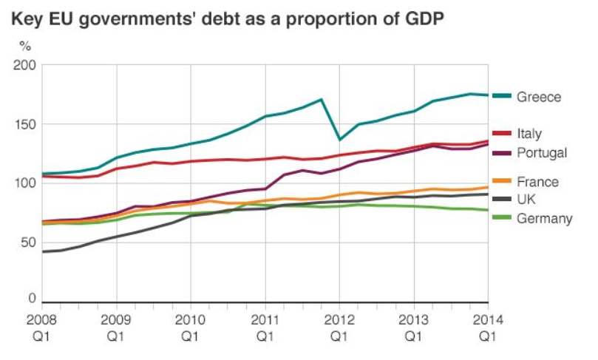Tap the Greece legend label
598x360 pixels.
tap(539, 97)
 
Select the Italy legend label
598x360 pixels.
tap(530, 134)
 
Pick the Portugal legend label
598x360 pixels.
tap(542, 153)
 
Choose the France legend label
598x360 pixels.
tap(537, 182)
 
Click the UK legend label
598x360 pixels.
tap(527, 200)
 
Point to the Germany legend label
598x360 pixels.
tap(545, 218)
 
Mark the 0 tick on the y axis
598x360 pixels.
tap(32, 299)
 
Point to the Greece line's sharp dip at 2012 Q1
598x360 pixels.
tap(339, 140)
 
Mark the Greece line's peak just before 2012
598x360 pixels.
tap(321, 100)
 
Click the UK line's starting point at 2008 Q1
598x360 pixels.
tap(43, 252)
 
